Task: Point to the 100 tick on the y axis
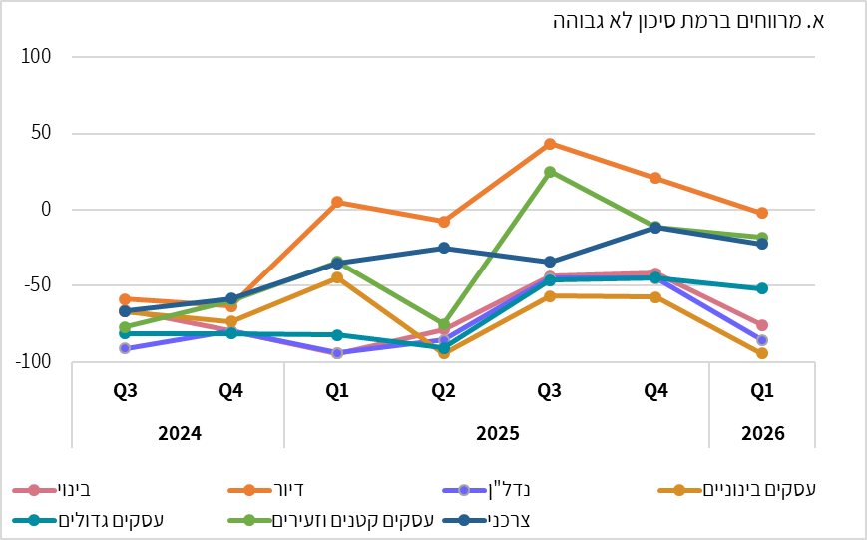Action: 36,57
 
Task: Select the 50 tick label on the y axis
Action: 40,133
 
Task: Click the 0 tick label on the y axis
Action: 45,210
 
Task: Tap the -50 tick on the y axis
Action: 36,285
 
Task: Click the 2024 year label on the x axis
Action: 178,434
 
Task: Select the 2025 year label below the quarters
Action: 496,434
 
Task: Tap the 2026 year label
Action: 762,434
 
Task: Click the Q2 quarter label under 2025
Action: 443,392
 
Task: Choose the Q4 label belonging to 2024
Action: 230,392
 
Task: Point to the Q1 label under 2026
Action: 762,392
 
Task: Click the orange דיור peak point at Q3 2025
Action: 550,144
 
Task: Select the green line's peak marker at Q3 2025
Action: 550,172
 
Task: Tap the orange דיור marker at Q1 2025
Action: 337,202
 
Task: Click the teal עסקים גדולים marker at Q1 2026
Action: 762,288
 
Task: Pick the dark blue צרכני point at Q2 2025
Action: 443,248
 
